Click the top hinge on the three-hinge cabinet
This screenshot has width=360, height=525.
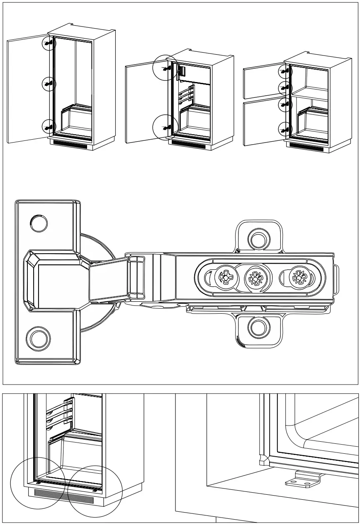coord(49,43)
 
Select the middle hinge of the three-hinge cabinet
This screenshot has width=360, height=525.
coord(49,84)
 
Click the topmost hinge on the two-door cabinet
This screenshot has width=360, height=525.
coord(285,71)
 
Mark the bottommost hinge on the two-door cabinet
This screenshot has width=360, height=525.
coord(285,130)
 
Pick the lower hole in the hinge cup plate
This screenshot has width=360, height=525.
coord(37,337)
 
